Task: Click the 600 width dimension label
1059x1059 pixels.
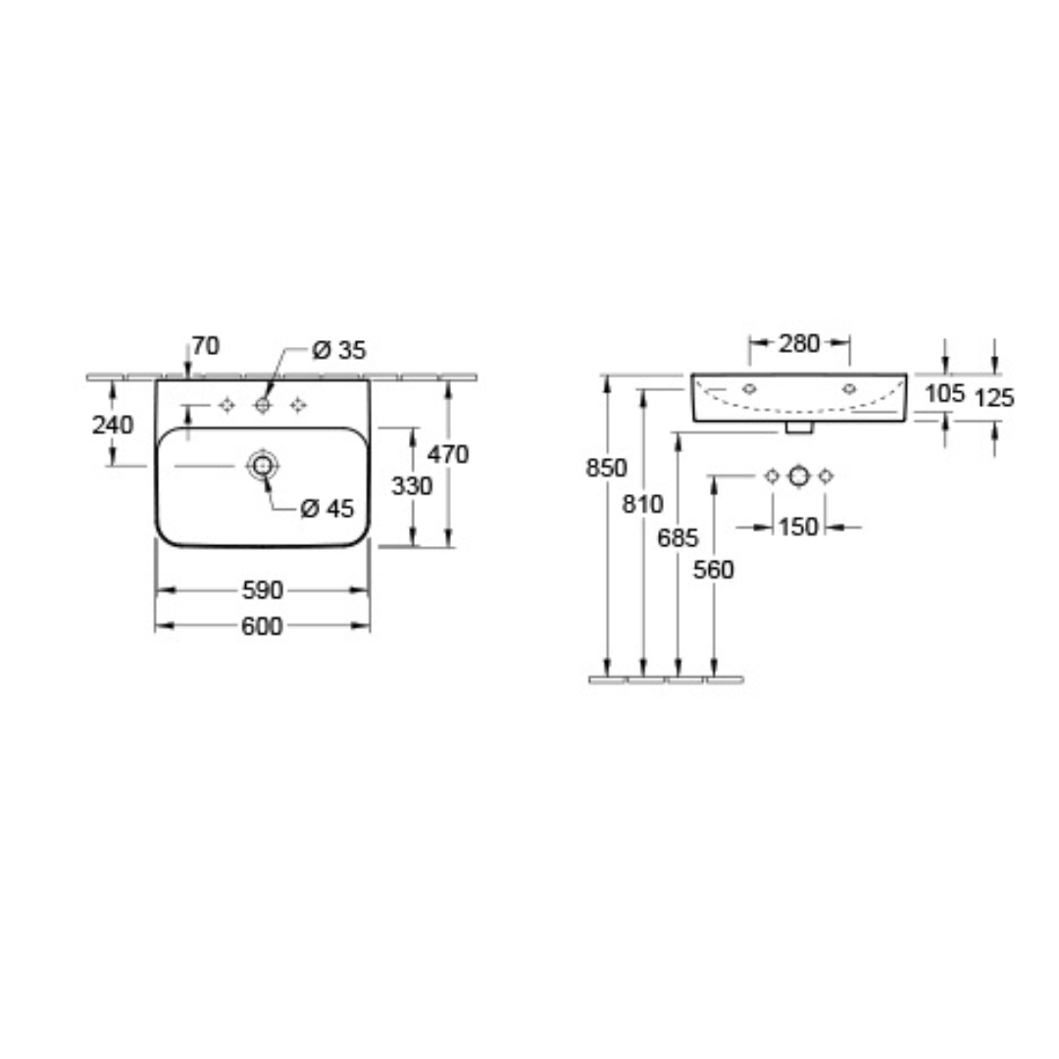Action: (262, 626)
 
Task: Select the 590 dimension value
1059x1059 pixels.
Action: (262, 590)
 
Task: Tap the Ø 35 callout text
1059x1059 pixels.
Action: (339, 350)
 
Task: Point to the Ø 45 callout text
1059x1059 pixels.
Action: (328, 508)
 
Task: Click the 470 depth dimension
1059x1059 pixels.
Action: (448, 455)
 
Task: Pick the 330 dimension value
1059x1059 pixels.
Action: (412, 485)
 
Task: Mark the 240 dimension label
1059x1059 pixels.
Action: (113, 425)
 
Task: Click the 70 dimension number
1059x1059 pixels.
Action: (206, 346)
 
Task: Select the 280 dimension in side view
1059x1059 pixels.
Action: (800, 344)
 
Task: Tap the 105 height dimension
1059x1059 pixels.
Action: (945, 393)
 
